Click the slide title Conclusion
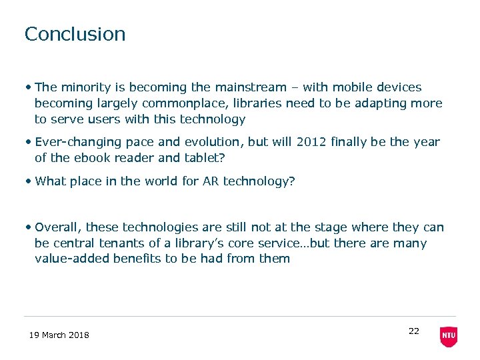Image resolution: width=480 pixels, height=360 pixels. (75, 34)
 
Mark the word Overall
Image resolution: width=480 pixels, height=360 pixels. (58, 227)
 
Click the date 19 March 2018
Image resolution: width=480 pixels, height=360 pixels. (59, 335)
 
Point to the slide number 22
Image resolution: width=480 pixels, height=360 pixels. (413, 331)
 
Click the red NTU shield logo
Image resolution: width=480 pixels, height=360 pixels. (449, 337)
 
